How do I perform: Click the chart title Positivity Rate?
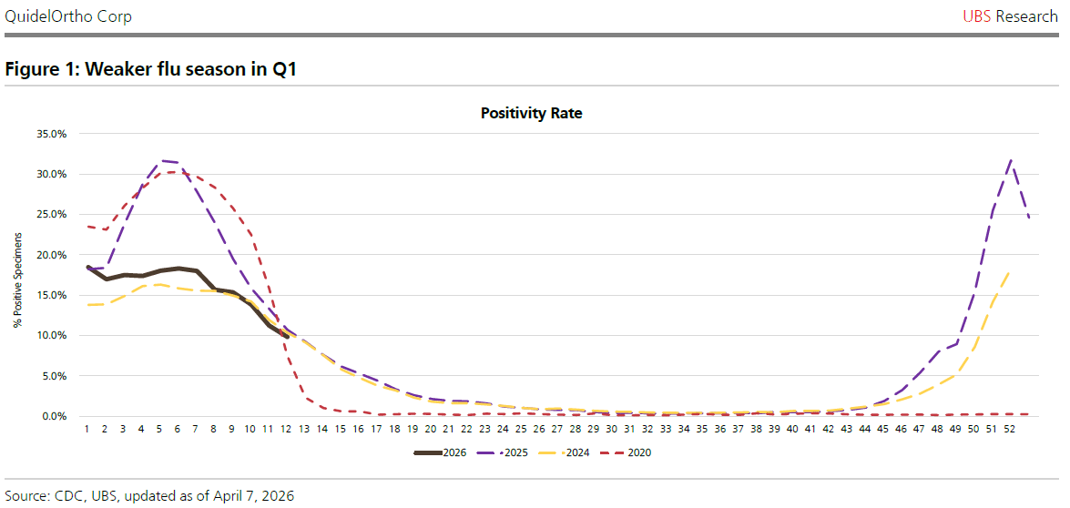[x=531, y=114]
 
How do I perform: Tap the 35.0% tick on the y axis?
[x=52, y=134]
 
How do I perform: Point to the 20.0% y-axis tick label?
[x=52, y=255]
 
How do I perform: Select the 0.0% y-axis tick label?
[x=55, y=416]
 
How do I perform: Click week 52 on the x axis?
[x=1009, y=430]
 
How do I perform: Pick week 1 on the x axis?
[x=87, y=430]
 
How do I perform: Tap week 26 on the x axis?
[x=539, y=430]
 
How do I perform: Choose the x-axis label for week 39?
[x=774, y=430]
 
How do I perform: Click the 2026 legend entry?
[x=440, y=452]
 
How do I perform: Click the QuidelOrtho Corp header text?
[x=68, y=15]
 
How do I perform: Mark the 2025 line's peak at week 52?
[x=1010, y=160]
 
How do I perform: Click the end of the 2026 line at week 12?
[x=287, y=336]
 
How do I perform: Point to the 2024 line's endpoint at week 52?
[x=1010, y=270]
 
